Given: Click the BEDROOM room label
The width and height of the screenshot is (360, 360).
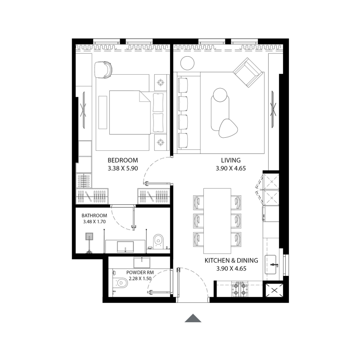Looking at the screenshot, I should coord(122,160).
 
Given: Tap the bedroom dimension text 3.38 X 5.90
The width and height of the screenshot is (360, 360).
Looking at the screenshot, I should coord(122,169).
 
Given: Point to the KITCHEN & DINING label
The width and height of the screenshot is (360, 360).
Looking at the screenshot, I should coord(231,261).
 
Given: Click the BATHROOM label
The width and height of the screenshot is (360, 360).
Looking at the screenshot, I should coord(94,216).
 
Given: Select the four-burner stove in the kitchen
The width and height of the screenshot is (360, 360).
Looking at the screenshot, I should coord(240,289).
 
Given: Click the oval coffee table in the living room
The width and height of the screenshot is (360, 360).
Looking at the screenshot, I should coord(220,108).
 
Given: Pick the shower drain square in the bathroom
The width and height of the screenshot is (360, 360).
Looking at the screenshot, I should coord(90,236).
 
